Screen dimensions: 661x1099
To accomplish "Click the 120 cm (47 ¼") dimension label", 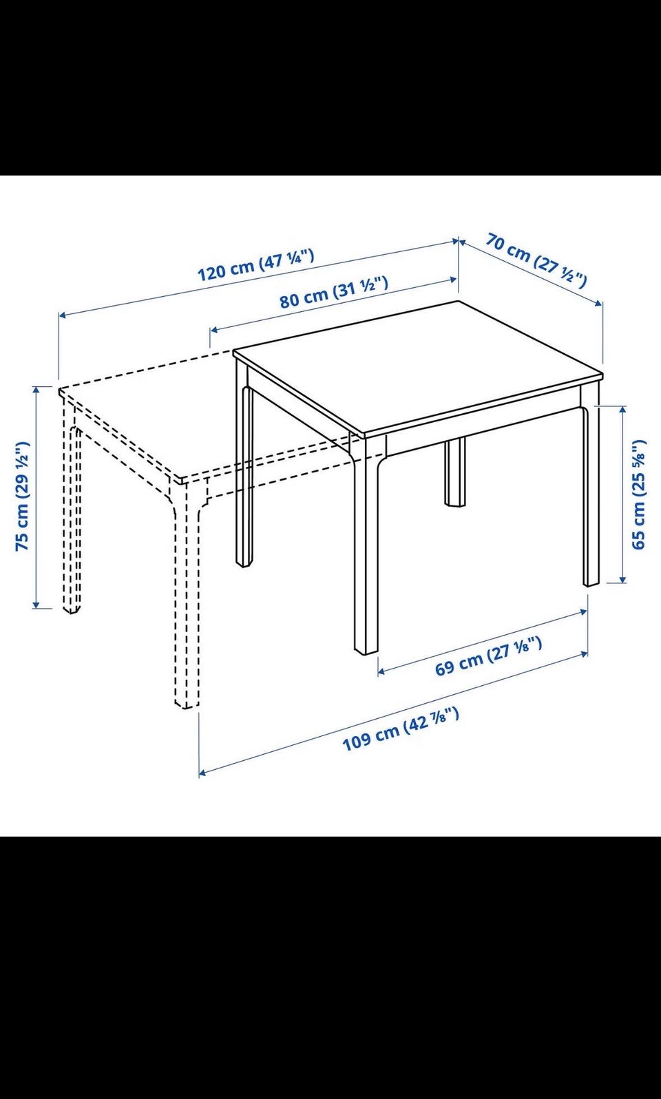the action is coord(255,265).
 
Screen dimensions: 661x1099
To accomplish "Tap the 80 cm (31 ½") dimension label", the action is coord(334,292).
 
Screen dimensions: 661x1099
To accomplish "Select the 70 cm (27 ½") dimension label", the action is coord(536,260).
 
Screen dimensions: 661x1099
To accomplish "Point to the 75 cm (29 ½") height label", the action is coord(23,496).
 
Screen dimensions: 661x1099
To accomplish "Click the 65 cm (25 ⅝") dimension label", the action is coord(638,494).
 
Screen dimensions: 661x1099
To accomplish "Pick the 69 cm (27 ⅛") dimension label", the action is coord(489,656).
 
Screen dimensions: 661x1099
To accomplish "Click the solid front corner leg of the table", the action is coord(366,545).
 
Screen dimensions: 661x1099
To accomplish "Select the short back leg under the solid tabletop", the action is coord(455,472).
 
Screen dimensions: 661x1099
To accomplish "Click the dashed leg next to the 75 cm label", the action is coord(72,505).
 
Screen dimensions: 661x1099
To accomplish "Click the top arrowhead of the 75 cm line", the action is coord(35,390).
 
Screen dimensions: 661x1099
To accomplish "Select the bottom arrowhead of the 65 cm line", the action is coord(623,579).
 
